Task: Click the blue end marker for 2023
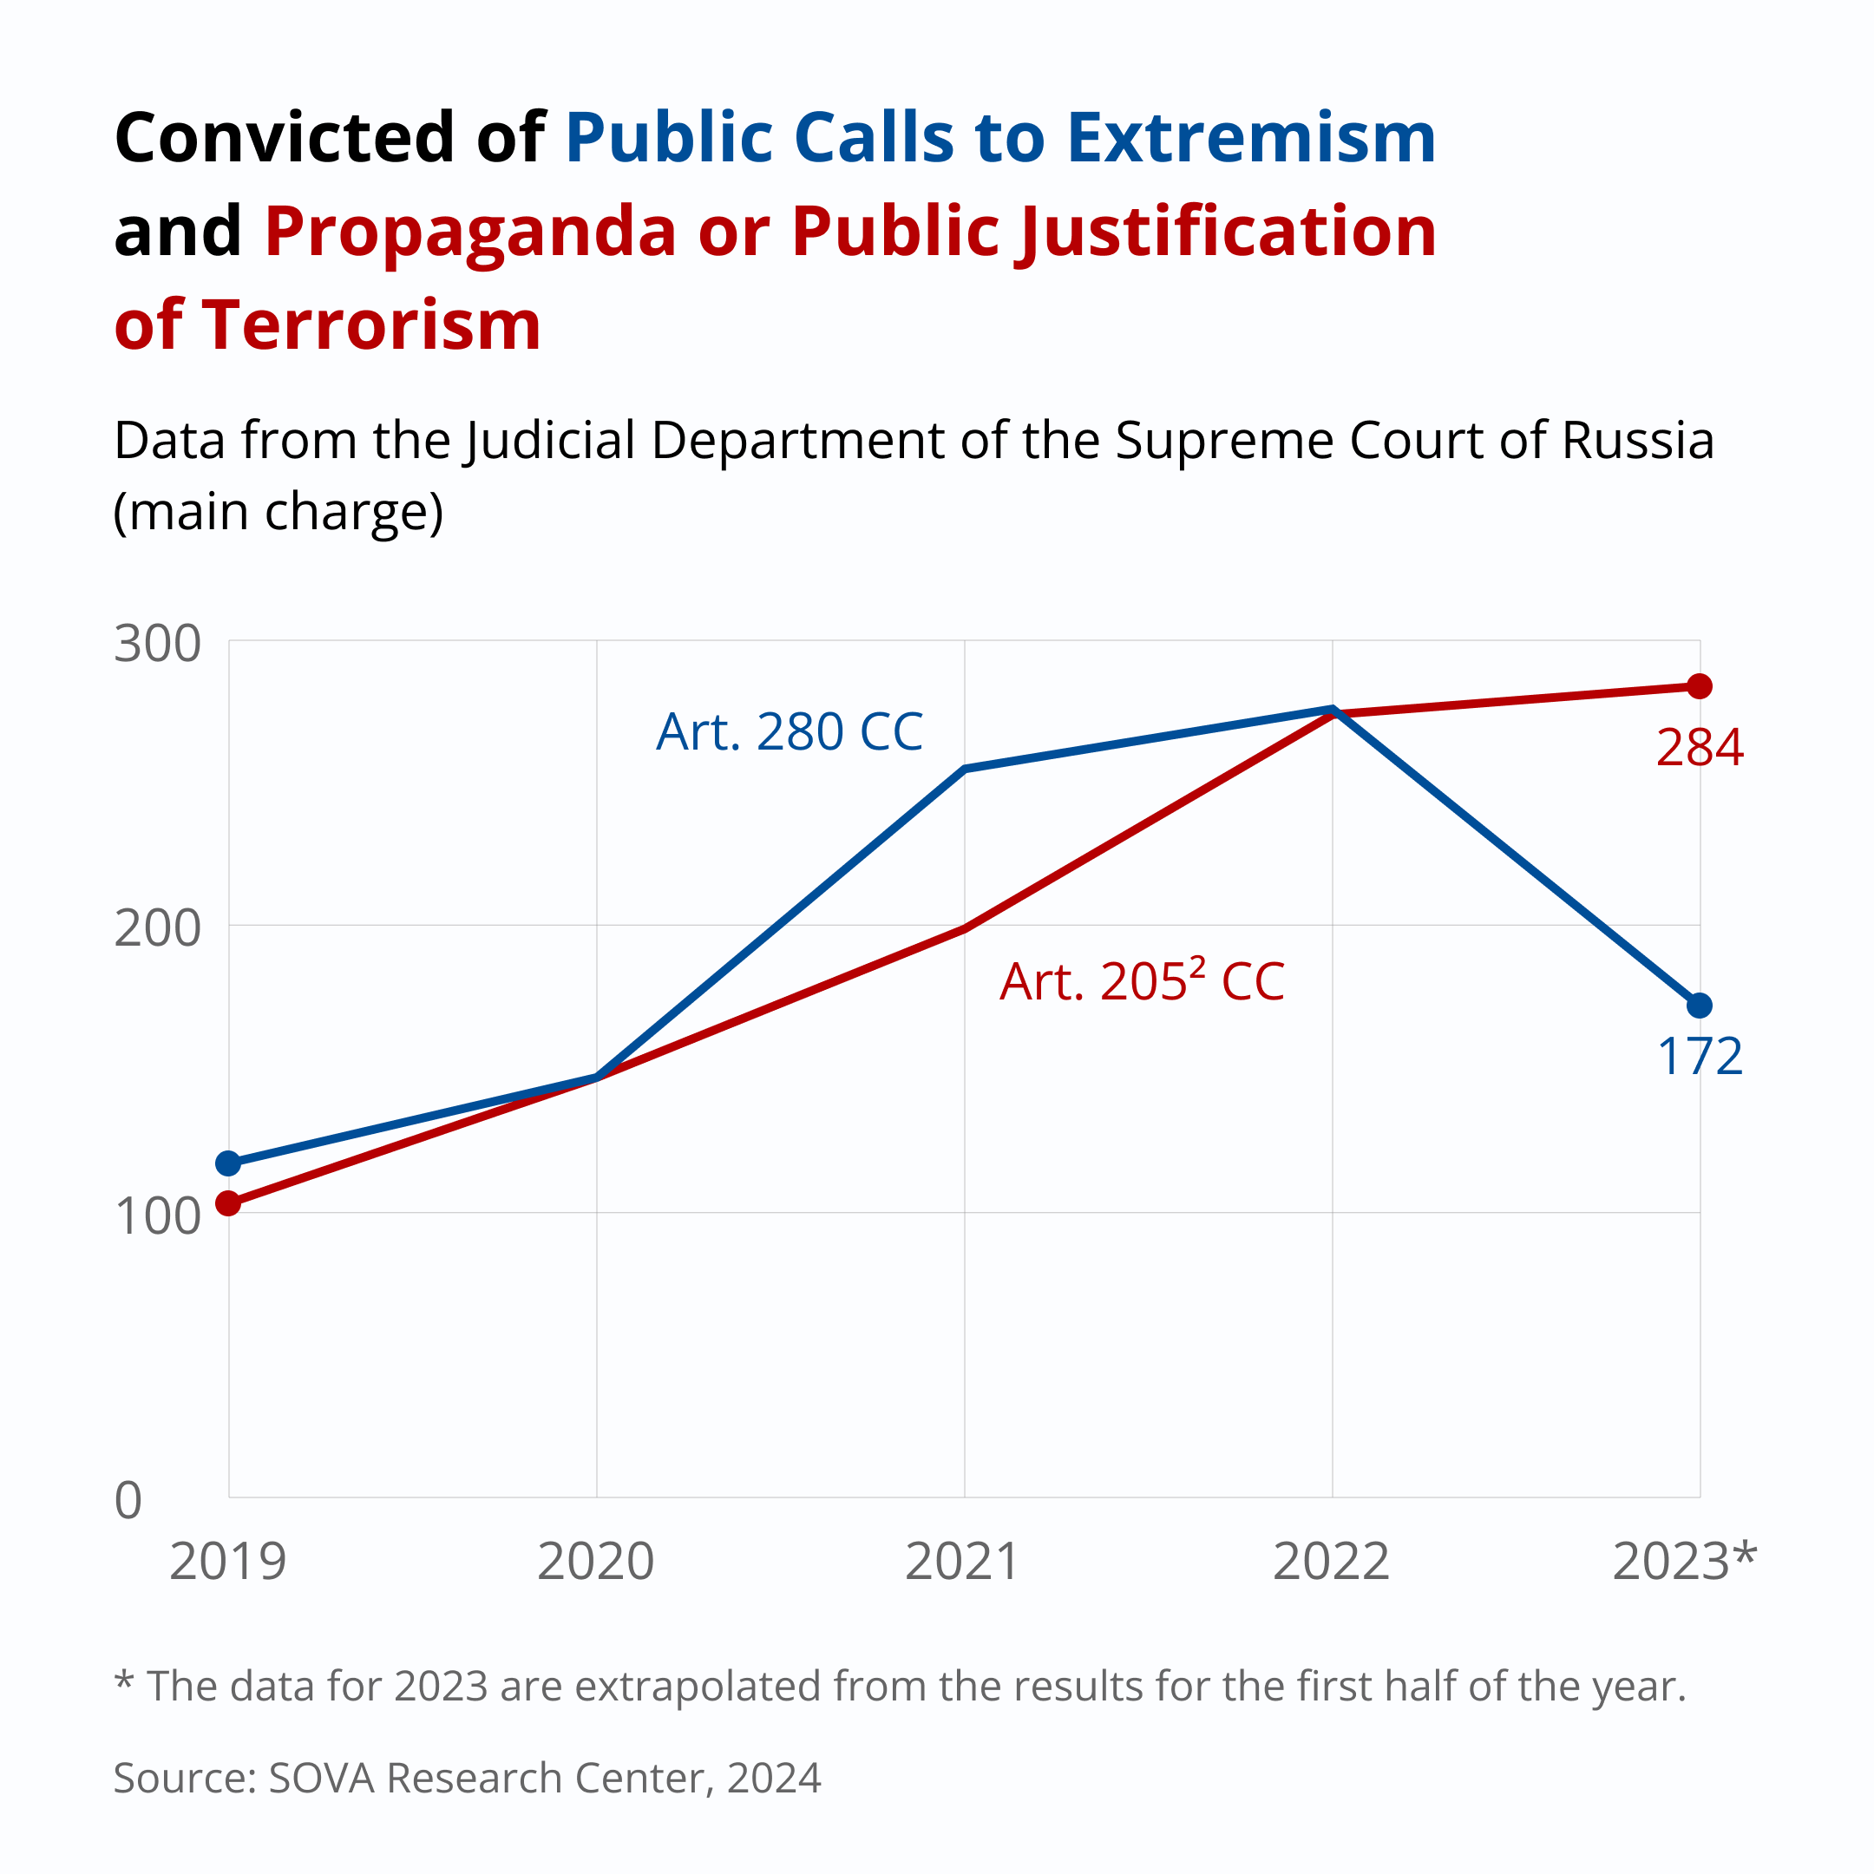point(1700,1006)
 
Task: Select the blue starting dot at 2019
point(228,1163)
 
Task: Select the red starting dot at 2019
point(228,1203)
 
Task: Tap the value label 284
point(1700,748)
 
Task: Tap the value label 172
point(1700,1057)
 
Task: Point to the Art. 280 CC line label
point(790,731)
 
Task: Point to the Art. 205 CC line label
point(1142,980)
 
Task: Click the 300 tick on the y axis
point(157,643)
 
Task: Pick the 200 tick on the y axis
point(157,928)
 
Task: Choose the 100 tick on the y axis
point(157,1215)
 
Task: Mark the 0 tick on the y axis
point(128,1501)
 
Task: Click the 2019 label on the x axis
point(228,1562)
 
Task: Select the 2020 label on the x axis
point(595,1562)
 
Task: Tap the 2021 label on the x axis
point(962,1562)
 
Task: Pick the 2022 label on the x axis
point(1331,1562)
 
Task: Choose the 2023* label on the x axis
point(1684,1562)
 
